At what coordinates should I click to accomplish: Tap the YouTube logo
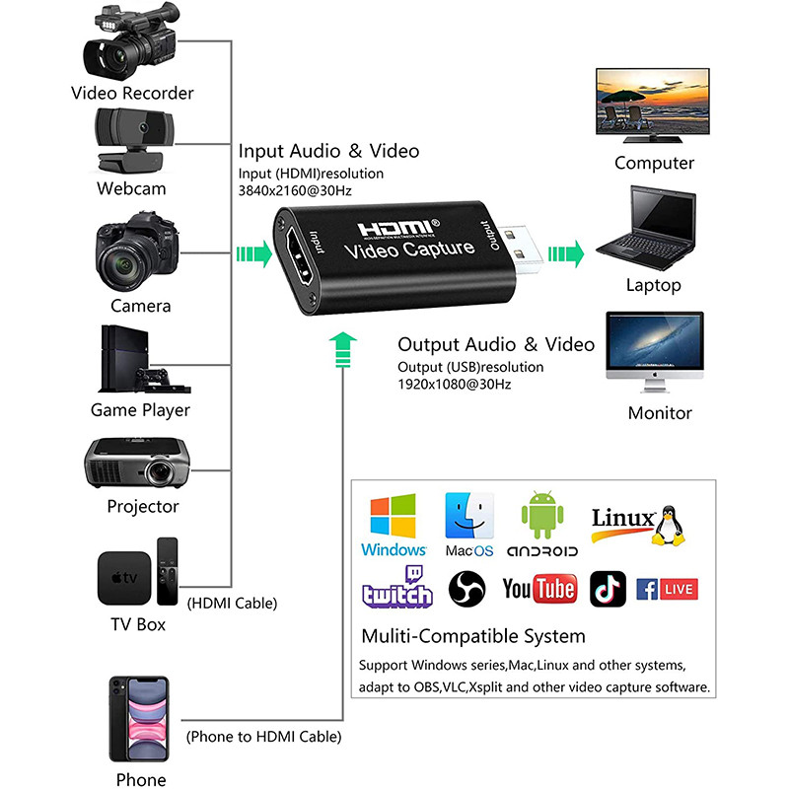538,590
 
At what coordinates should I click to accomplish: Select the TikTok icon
608,589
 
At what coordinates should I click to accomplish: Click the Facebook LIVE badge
667,590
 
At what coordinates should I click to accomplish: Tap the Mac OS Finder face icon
469,515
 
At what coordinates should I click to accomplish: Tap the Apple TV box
124,578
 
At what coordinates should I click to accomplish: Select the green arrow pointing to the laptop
566,252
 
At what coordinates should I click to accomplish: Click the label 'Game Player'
140,409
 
